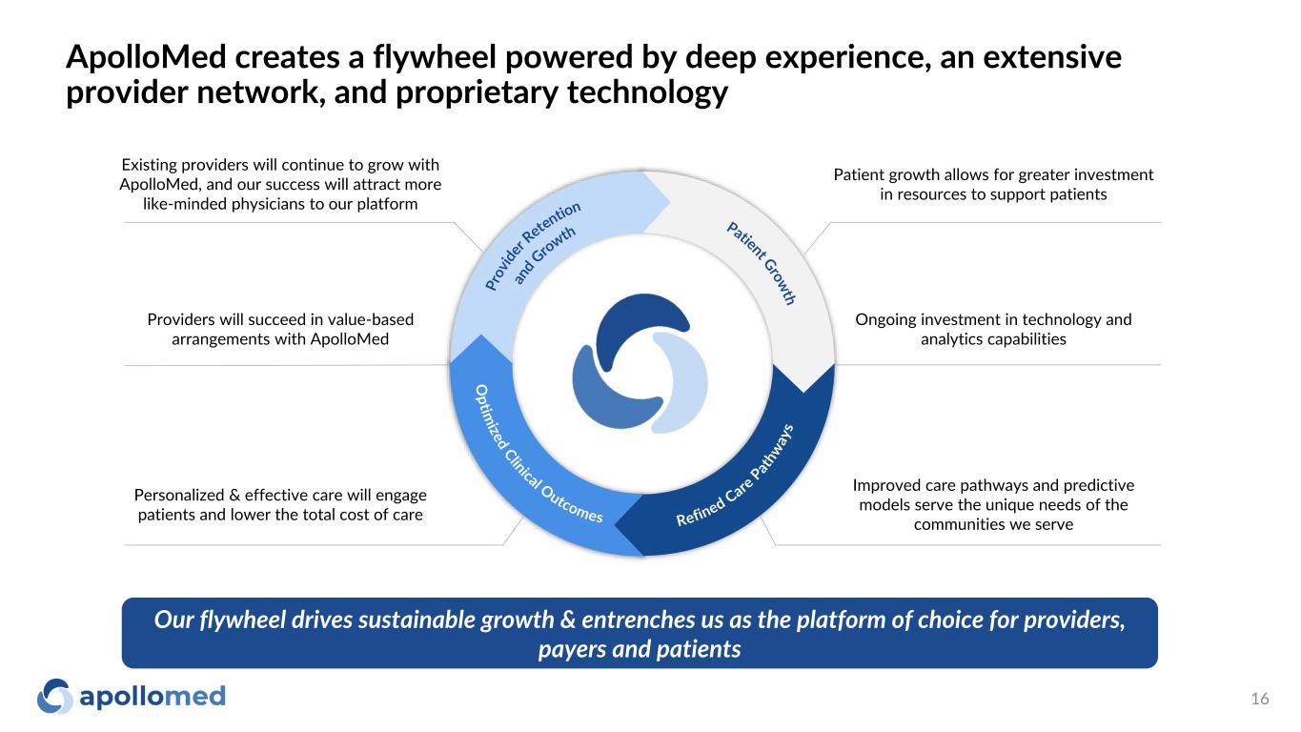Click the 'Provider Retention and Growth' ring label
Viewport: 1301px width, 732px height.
(533, 246)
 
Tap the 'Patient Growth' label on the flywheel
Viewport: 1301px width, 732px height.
(762, 263)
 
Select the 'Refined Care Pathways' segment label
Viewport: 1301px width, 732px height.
(735, 476)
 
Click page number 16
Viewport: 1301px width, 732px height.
(1260, 699)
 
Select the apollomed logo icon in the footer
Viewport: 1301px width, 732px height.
(54, 696)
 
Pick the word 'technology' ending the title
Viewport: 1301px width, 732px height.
(647, 92)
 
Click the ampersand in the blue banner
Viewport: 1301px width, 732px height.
(567, 620)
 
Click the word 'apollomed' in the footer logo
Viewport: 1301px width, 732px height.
(152, 697)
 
